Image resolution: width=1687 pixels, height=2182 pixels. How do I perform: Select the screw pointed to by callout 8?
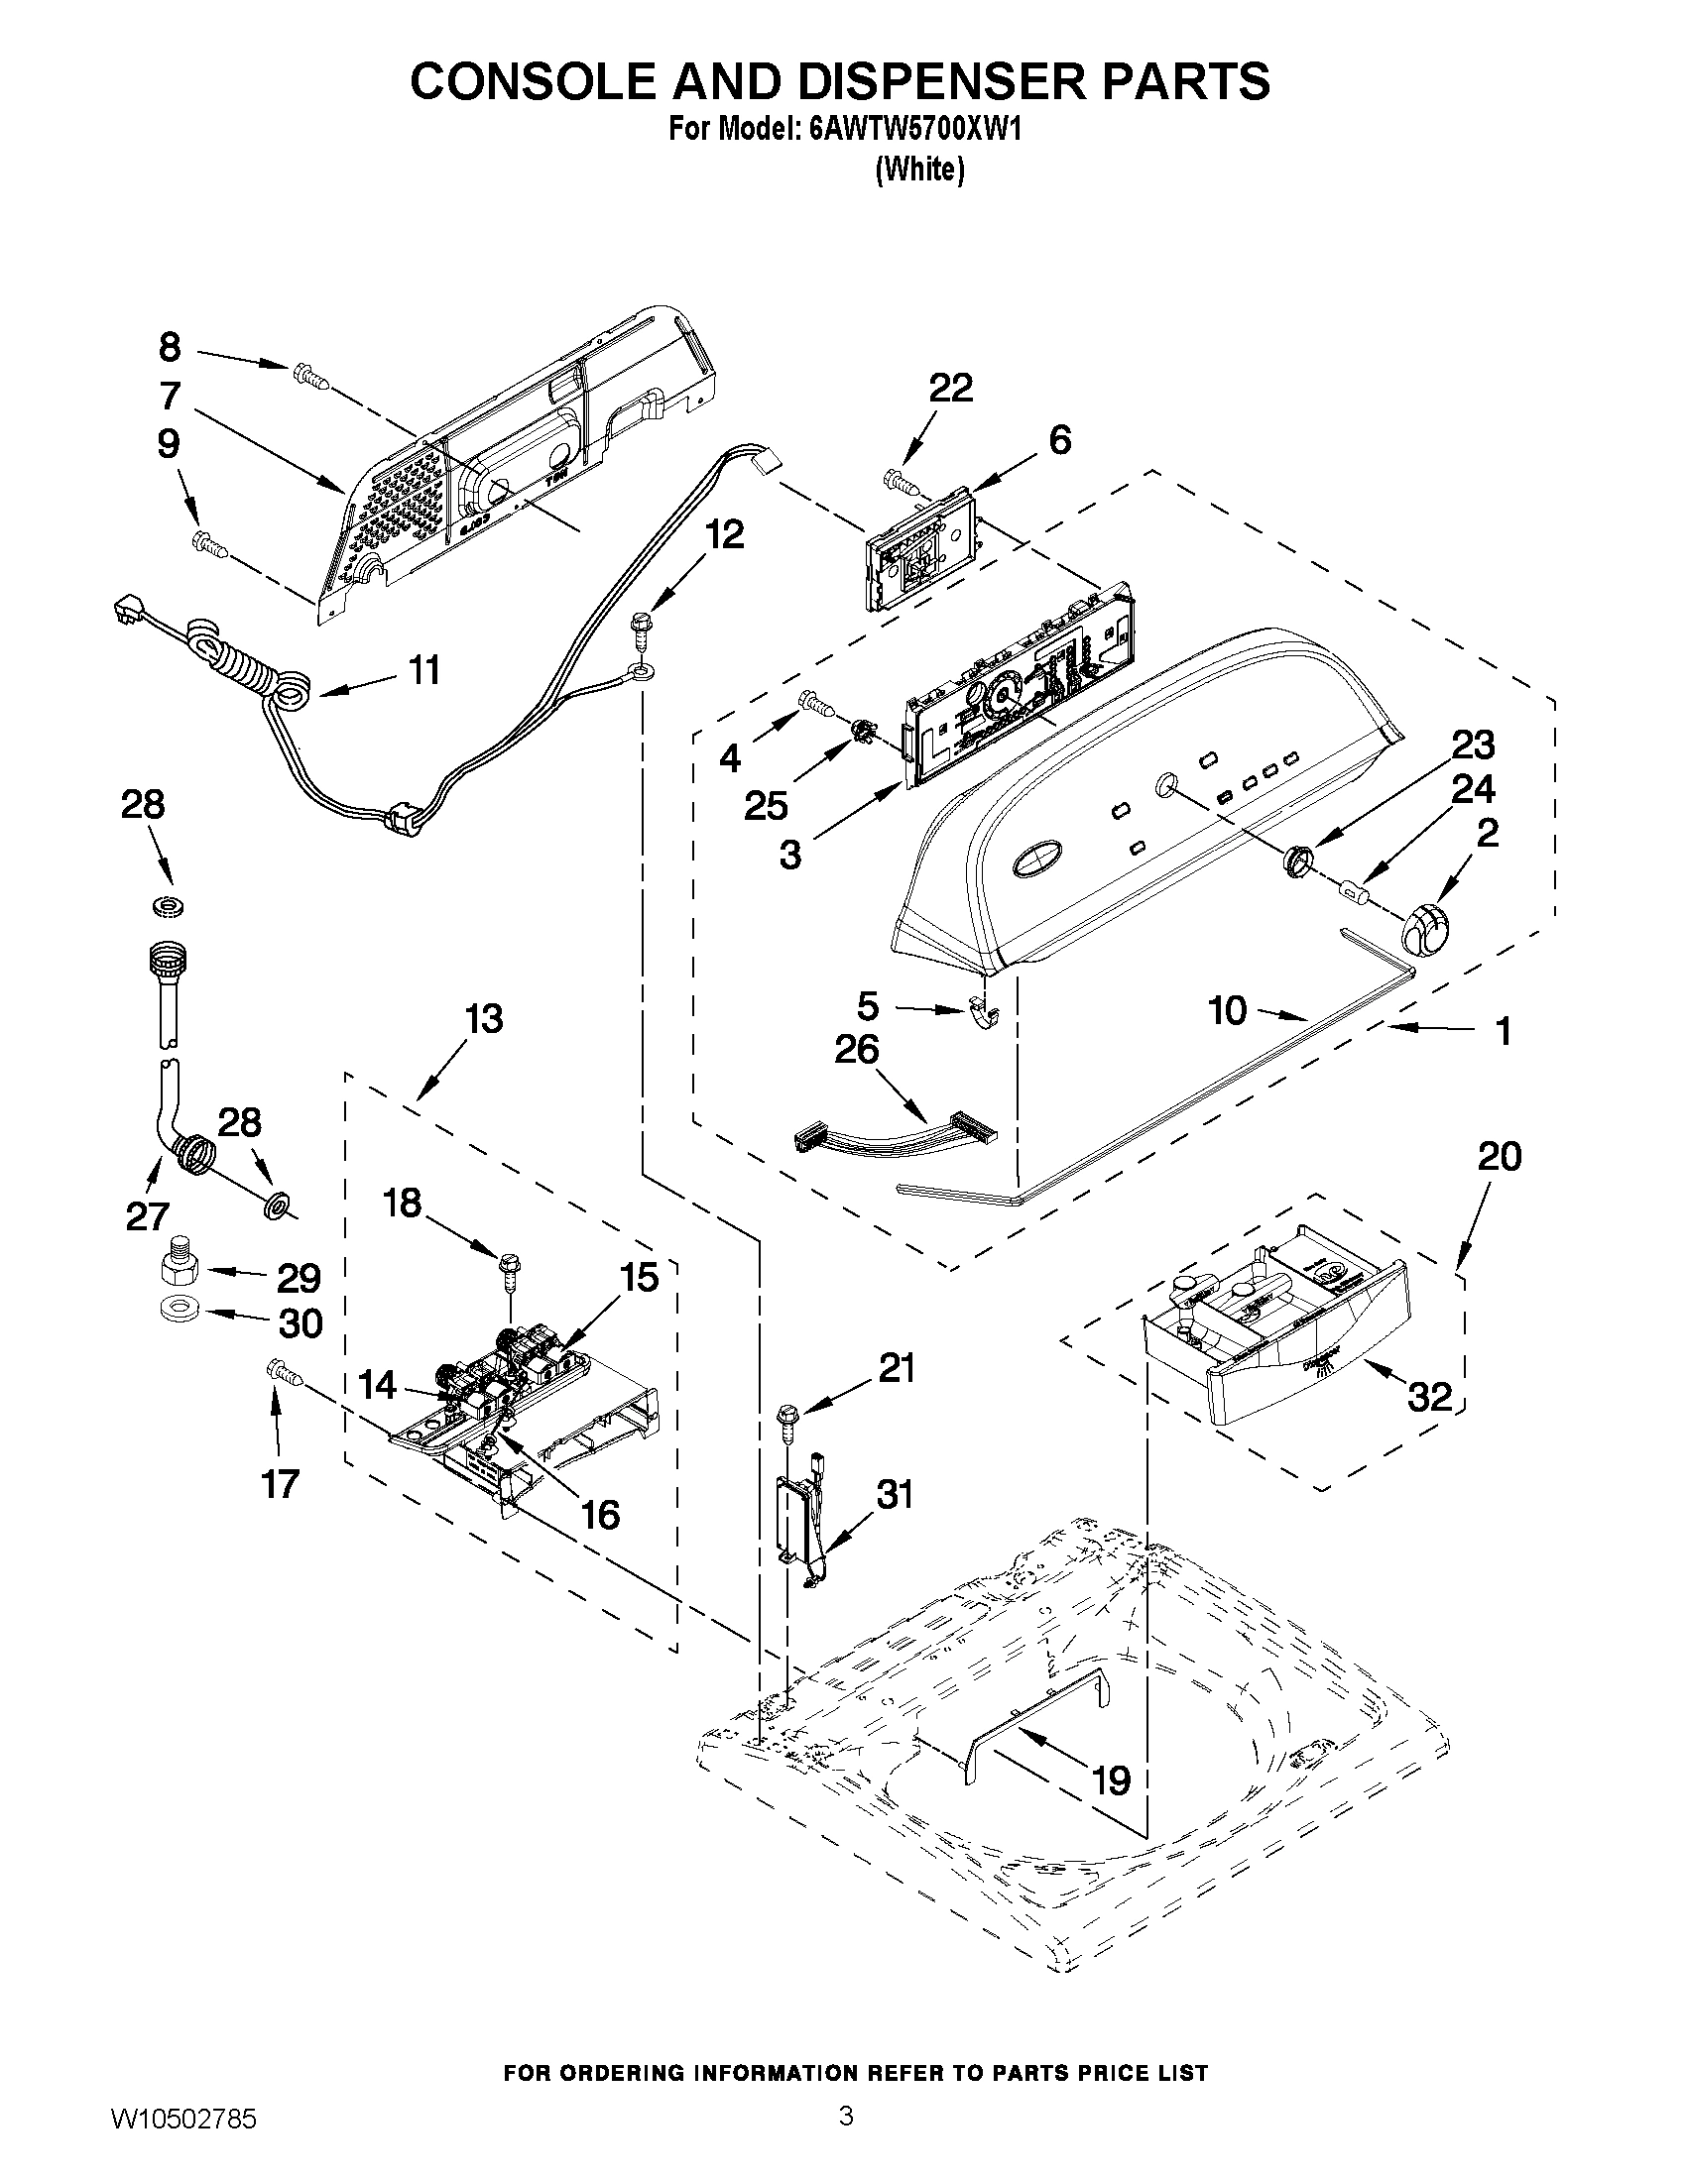(309, 377)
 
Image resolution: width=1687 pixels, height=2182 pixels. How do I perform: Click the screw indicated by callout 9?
(210, 543)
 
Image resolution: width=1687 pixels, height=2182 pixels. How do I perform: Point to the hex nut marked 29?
(178, 1270)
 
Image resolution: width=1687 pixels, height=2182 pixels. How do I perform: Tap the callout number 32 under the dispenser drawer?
(1429, 1397)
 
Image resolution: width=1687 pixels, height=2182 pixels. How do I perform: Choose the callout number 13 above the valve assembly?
(484, 1019)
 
